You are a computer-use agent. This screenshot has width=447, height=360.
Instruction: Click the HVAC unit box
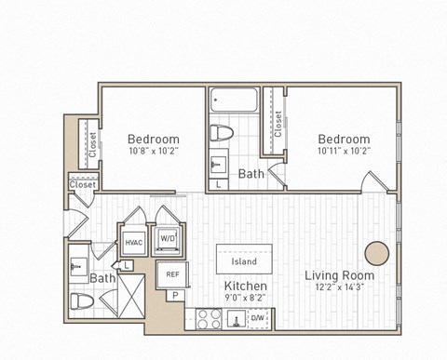click(x=131, y=243)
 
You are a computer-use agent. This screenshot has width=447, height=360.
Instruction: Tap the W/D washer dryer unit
click(x=169, y=238)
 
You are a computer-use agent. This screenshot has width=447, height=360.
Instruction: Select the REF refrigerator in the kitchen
click(x=173, y=274)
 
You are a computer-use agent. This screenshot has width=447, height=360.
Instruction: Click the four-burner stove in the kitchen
click(x=209, y=319)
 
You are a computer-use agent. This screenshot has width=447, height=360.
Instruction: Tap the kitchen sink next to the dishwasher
click(x=235, y=320)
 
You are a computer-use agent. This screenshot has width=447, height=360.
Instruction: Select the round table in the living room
click(x=377, y=253)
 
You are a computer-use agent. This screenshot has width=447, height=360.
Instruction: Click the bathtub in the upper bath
click(x=234, y=100)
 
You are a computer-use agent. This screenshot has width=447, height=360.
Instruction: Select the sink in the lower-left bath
click(x=77, y=268)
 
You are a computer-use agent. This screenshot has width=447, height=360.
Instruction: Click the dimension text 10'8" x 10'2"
click(x=153, y=155)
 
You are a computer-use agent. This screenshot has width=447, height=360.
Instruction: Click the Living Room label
click(x=340, y=275)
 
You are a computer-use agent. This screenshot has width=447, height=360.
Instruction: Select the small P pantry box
click(x=173, y=297)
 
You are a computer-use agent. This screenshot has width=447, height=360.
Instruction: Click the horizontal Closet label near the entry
click(x=82, y=185)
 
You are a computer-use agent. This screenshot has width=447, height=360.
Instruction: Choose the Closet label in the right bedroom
click(x=277, y=124)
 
